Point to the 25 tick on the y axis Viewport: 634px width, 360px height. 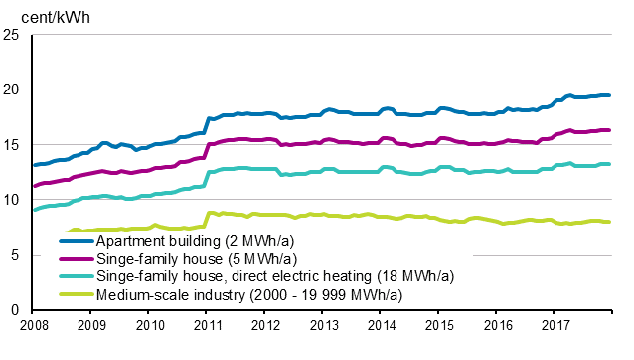pos(13,35)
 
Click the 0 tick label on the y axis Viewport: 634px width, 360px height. pos(17,310)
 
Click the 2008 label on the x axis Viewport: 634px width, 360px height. pos(33,326)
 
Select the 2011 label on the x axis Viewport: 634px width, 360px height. pos(207,326)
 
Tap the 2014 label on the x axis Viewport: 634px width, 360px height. pos(381,326)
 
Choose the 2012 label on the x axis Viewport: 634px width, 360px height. pos(264,326)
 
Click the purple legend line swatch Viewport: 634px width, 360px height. pos(75,259)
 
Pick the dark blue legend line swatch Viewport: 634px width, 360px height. pos(75,241)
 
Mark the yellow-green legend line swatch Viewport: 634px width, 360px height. pos(75,294)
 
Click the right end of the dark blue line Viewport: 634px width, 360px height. pos(608,95)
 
